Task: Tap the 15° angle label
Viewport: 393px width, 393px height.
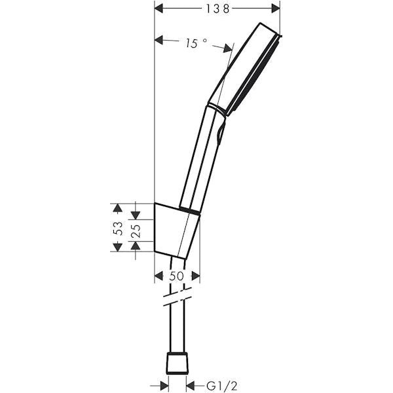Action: click(x=195, y=43)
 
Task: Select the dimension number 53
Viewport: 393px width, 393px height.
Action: click(x=118, y=227)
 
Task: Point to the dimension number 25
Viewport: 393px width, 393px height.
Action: click(x=136, y=230)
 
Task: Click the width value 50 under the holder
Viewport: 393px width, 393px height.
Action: click(x=176, y=276)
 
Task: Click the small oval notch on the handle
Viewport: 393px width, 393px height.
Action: click(x=220, y=134)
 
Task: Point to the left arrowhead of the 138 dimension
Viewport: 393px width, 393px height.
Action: click(x=159, y=9)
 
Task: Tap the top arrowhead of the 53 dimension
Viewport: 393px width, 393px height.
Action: click(x=118, y=208)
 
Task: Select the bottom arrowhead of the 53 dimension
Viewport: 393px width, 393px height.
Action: click(x=118, y=247)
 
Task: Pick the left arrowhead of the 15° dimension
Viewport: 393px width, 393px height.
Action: click(x=159, y=40)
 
